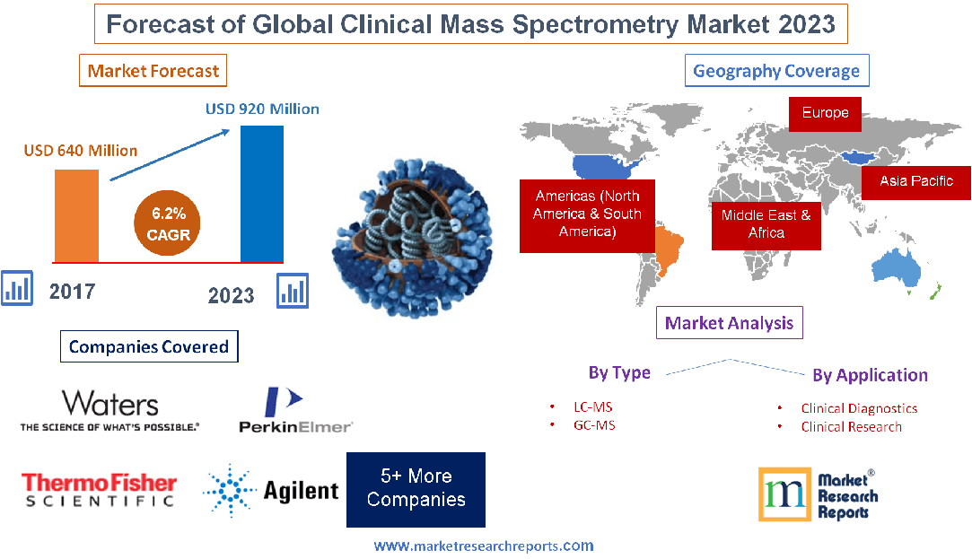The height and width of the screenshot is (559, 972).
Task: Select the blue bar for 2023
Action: click(x=261, y=193)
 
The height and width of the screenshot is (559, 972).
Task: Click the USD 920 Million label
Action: click(x=262, y=109)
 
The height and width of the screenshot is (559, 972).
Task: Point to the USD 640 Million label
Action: click(x=80, y=150)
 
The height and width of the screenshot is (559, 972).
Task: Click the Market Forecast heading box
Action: click(x=153, y=70)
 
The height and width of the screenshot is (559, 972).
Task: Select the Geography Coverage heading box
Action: click(x=776, y=71)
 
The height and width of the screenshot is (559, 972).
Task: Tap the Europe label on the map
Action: click(x=825, y=113)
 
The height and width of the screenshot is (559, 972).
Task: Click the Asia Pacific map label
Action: click(x=915, y=181)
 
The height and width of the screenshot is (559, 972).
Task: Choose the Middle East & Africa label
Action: click(x=766, y=223)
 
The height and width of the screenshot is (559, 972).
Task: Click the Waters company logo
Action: click(x=109, y=410)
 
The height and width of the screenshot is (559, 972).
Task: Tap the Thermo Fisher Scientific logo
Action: click(x=99, y=490)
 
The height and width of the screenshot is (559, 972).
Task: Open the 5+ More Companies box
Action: click(x=416, y=489)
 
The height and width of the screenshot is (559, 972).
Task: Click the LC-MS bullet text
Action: click(x=593, y=406)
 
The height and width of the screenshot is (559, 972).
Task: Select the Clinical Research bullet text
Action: click(x=851, y=426)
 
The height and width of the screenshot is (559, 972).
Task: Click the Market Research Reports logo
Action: click(x=818, y=494)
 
